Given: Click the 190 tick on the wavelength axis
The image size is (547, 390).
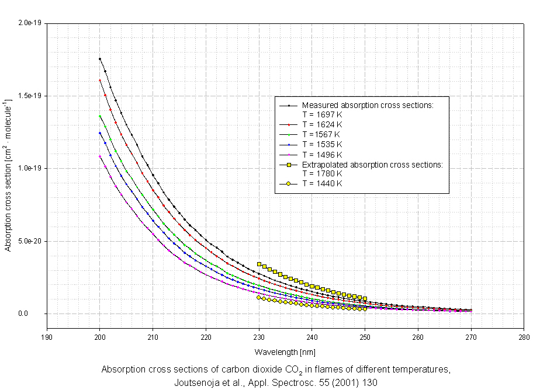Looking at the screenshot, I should tap(47, 337).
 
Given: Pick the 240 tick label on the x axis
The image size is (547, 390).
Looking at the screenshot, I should tap(312, 337).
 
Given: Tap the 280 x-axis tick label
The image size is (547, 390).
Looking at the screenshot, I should tap(524, 337).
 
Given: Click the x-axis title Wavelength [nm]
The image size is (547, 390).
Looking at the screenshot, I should tap(286, 352).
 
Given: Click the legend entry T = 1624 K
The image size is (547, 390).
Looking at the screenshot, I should tap(322, 125).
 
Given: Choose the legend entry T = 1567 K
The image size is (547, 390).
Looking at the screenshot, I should tap(322, 135).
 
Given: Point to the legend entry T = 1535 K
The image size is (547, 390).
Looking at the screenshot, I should tap(322, 144).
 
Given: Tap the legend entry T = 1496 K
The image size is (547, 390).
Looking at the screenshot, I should tap(322, 154).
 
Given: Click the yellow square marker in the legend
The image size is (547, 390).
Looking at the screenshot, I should tap(288, 165).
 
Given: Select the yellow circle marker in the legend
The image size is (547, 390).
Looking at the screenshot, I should tap(288, 184).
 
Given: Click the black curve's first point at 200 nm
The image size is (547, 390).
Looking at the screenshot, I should tap(100, 59).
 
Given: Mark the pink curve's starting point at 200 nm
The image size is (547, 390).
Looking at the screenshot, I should tap(100, 156).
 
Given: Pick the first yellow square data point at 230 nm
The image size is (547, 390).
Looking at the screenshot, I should tap(259, 264).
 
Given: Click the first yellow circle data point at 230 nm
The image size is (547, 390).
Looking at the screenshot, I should tap(259, 297).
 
